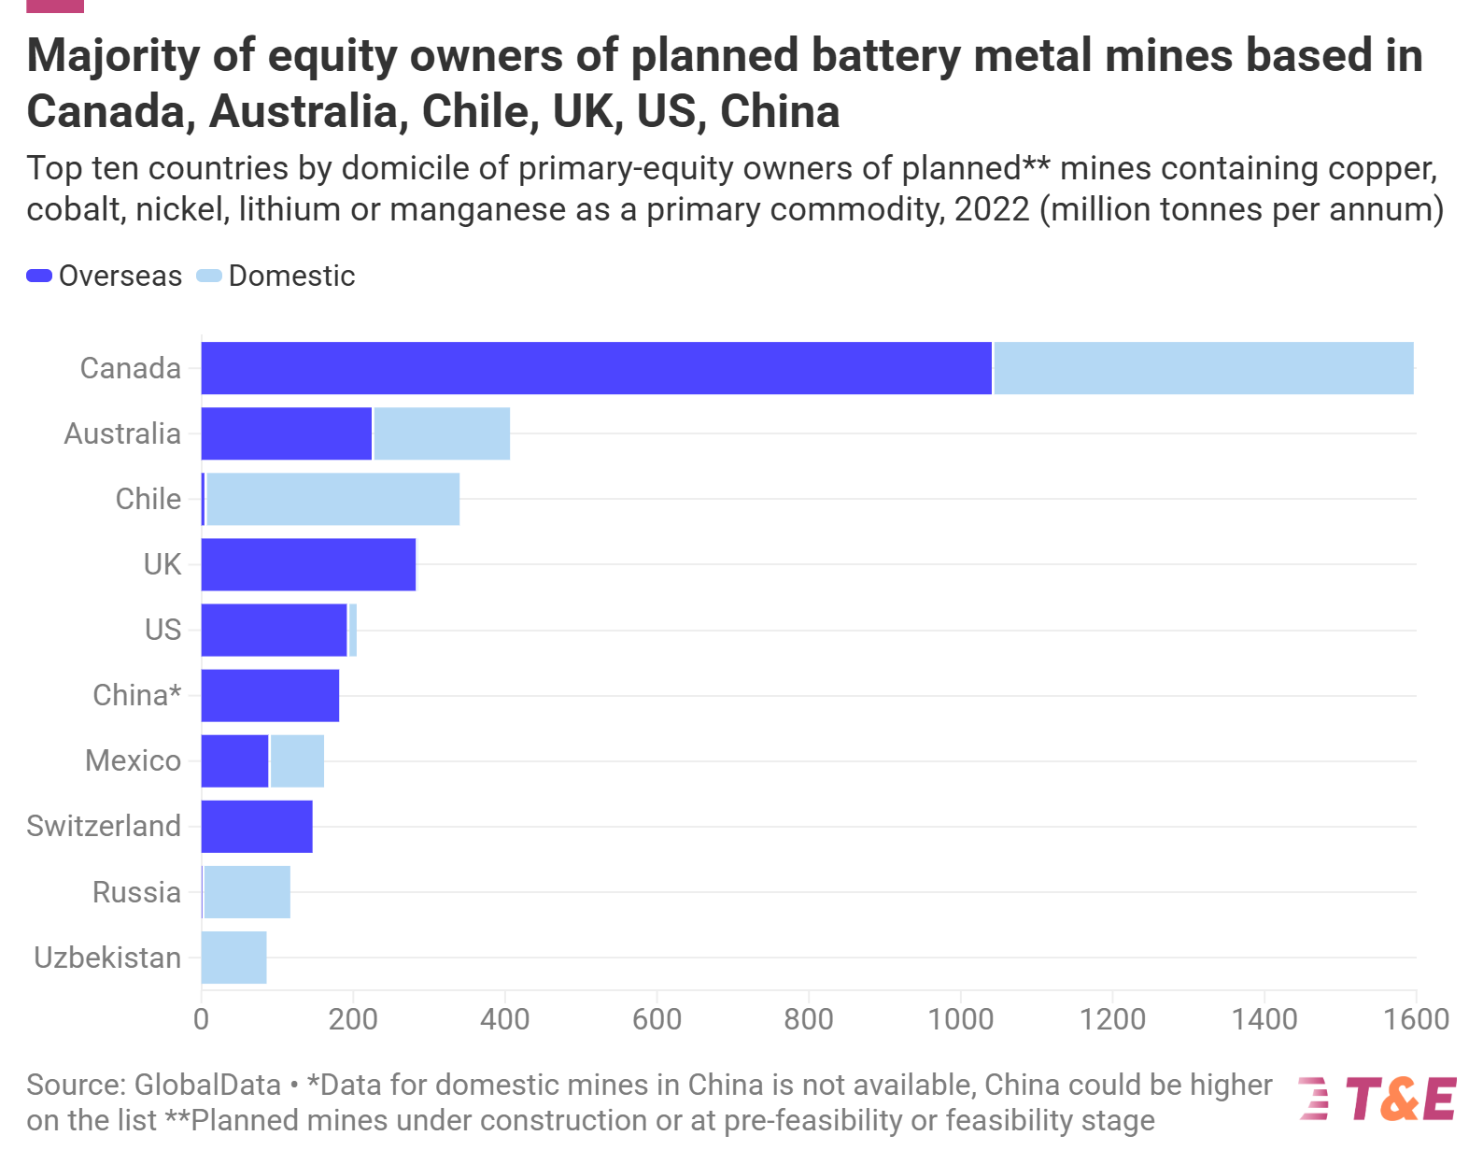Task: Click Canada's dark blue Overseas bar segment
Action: tap(596, 368)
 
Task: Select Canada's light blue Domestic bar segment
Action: tap(1203, 368)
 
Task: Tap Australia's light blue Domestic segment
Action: tap(442, 433)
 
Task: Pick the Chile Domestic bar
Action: tap(332, 499)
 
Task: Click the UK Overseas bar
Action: tap(308, 564)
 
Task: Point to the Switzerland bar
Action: tap(257, 826)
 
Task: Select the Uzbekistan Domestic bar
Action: tap(233, 958)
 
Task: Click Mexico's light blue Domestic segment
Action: tap(297, 760)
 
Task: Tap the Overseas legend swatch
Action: tap(39, 276)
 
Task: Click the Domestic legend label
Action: tap(291, 276)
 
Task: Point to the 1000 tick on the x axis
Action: tap(960, 1018)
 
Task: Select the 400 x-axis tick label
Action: tap(504, 1018)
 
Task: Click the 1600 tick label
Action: tap(1416, 1018)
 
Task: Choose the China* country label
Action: tap(136, 695)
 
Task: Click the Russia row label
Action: tap(136, 892)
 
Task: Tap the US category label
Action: tap(162, 630)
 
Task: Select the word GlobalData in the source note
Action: tap(207, 1085)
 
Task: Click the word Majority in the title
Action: tap(113, 56)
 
